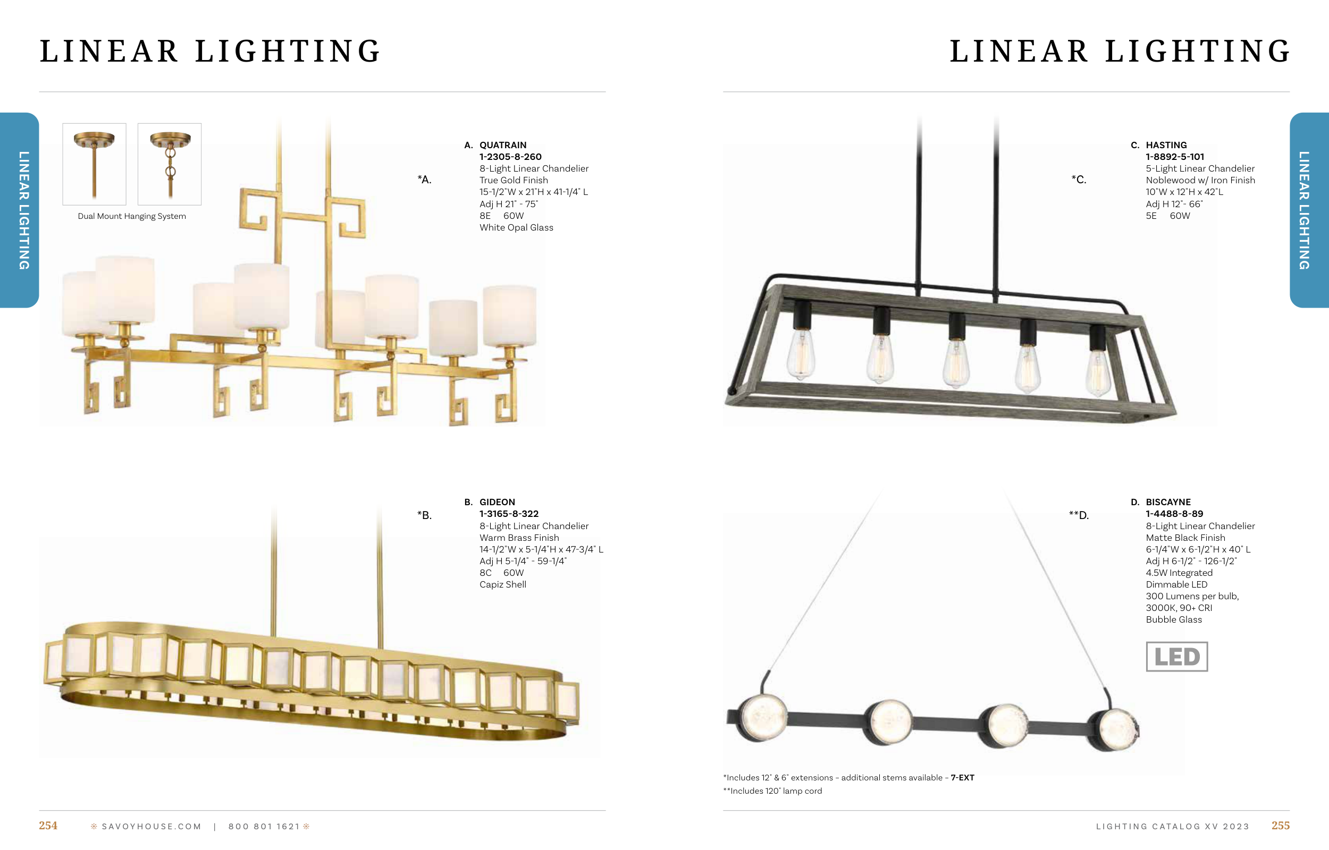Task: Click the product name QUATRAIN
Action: click(x=502, y=145)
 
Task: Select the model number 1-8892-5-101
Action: click(x=1174, y=157)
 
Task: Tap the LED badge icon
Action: click(x=1176, y=656)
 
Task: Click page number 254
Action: click(x=48, y=826)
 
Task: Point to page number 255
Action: click(x=1281, y=826)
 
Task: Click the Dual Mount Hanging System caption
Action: click(x=132, y=216)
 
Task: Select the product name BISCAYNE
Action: click(x=1168, y=502)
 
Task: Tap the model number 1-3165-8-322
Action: click(x=509, y=514)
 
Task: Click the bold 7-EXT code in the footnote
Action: click(x=962, y=778)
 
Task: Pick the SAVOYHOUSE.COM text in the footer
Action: click(x=152, y=826)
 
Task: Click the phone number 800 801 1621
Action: click(x=264, y=826)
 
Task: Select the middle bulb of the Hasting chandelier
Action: click(x=957, y=362)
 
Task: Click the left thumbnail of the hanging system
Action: click(x=95, y=165)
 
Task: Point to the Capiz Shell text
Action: click(x=502, y=584)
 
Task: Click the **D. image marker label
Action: click(x=1079, y=515)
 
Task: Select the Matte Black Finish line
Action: click(x=1185, y=538)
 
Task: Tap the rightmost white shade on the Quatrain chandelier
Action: click(x=510, y=316)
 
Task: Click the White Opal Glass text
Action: click(x=516, y=227)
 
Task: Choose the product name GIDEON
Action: click(x=497, y=502)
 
